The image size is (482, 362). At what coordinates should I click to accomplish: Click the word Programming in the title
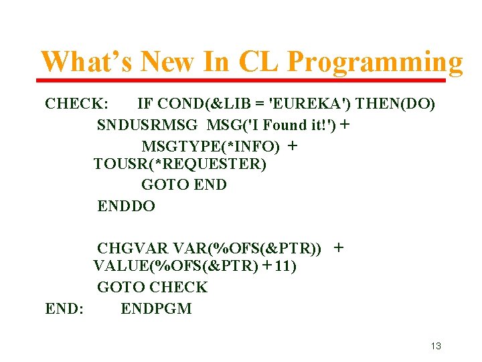pyautogui.click(x=375, y=62)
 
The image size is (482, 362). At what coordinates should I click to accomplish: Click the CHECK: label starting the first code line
pyautogui.click(x=75, y=104)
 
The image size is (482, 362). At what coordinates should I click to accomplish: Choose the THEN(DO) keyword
pyautogui.click(x=396, y=104)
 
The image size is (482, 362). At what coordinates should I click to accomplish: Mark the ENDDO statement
pyautogui.click(x=126, y=206)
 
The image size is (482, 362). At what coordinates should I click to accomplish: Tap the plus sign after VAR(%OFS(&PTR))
pyautogui.click(x=339, y=247)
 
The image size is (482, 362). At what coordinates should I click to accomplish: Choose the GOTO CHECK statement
pyautogui.click(x=152, y=288)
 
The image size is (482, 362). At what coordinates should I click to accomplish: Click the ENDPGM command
pyautogui.click(x=156, y=309)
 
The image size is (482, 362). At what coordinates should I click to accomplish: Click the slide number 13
pyautogui.click(x=436, y=346)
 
